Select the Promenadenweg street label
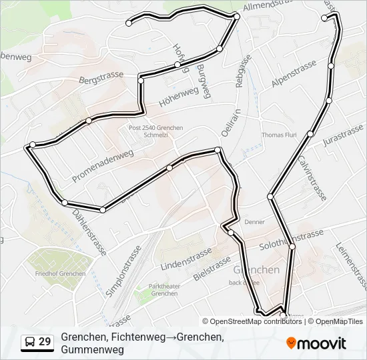click(103, 165)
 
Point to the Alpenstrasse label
click(294, 74)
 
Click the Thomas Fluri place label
click(280, 135)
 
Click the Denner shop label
click(254, 222)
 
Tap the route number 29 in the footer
click(45, 342)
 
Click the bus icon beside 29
click(29, 342)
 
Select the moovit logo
click(316, 343)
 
